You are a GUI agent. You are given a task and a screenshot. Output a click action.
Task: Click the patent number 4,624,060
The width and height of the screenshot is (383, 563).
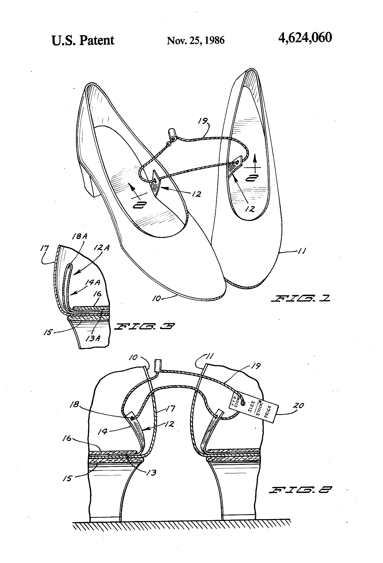(x=305, y=38)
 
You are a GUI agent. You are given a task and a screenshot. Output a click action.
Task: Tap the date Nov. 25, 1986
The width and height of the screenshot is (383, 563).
(x=195, y=40)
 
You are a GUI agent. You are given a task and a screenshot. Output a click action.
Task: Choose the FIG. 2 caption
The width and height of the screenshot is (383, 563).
(x=300, y=490)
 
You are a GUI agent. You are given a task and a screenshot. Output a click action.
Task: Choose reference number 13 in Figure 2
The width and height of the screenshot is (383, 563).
(x=151, y=473)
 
